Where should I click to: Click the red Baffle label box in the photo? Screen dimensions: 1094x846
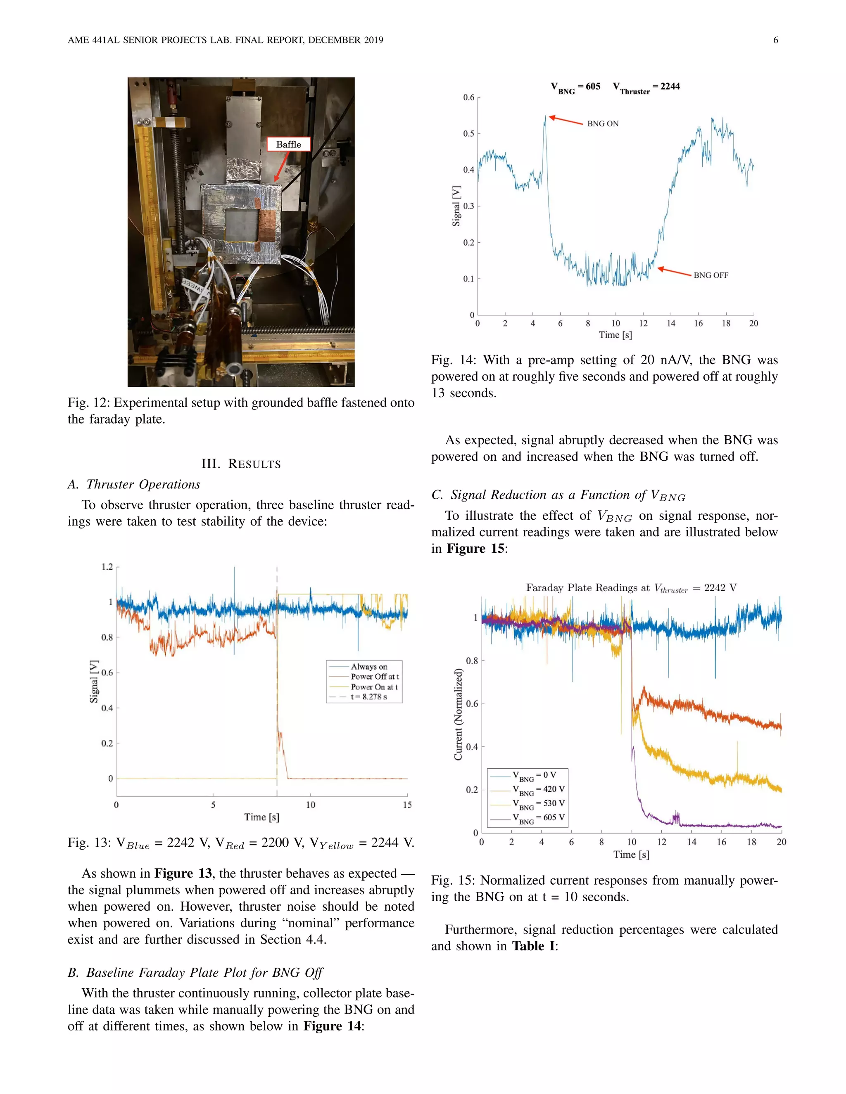288,144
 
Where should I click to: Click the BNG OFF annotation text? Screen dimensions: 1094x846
710,275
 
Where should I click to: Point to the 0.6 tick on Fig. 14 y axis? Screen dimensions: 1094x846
468,97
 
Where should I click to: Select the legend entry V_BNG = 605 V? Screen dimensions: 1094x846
538,818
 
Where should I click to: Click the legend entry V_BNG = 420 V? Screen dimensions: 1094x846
538,789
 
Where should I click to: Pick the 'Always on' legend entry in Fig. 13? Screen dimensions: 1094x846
369,667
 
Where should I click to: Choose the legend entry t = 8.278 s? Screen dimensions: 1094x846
369,697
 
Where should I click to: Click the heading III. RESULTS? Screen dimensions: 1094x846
241,464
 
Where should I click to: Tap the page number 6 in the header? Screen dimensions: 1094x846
775,40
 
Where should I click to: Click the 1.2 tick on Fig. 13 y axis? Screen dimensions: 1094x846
107,567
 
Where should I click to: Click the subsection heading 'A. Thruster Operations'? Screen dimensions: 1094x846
134,484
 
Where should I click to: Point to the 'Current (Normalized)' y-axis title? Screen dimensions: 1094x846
458,714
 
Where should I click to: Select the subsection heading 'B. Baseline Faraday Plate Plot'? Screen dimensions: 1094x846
195,972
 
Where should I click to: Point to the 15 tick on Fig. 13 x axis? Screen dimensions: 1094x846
407,805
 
